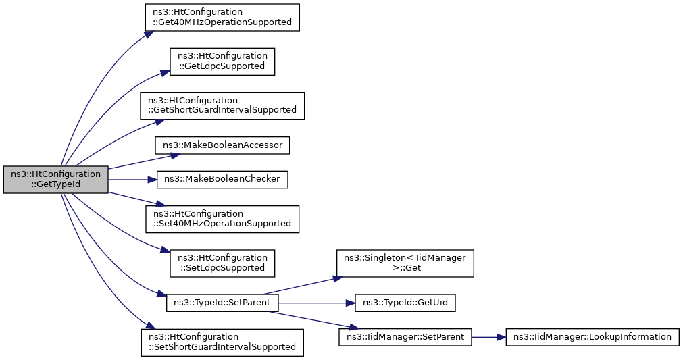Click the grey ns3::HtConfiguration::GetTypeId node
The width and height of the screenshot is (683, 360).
[56, 180]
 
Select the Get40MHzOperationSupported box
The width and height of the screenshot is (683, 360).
[222, 18]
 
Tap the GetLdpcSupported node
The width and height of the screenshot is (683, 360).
[222, 61]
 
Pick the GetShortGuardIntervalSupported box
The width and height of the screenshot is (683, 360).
[222, 106]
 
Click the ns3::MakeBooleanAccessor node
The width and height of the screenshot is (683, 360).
[222, 145]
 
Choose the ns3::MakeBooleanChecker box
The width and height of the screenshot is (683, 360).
[222, 180]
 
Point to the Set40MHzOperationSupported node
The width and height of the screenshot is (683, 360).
[222, 219]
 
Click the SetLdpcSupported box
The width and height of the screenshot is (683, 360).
[222, 263]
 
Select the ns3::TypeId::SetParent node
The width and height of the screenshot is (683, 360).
[222, 303]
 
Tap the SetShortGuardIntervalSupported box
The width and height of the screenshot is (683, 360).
[222, 342]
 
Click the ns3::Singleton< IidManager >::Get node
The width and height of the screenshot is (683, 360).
[405, 263]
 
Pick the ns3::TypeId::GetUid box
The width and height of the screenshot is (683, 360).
[405, 303]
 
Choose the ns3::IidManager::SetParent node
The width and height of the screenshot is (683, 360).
[405, 337]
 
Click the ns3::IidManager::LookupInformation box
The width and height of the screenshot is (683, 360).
[592, 337]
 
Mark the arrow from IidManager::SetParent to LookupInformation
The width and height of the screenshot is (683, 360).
[488, 337]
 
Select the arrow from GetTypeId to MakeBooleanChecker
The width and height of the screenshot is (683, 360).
[132, 180]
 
